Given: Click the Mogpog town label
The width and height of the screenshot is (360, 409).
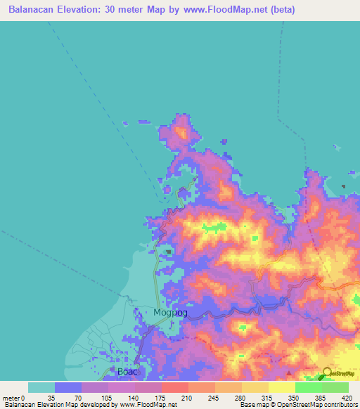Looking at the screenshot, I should click(170, 313).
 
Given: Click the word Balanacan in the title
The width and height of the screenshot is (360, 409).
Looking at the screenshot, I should click(34, 10).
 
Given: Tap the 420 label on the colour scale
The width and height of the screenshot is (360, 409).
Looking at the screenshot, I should click(347, 397).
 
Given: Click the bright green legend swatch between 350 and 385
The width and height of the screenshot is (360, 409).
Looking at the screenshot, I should click(308, 387).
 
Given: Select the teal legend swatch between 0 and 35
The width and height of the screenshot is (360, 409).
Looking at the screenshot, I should click(41, 387).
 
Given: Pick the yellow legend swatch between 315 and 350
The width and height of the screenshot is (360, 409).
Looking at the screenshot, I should click(281, 387).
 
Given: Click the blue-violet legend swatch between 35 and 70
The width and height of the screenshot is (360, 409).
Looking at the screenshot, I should click(68, 387).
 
